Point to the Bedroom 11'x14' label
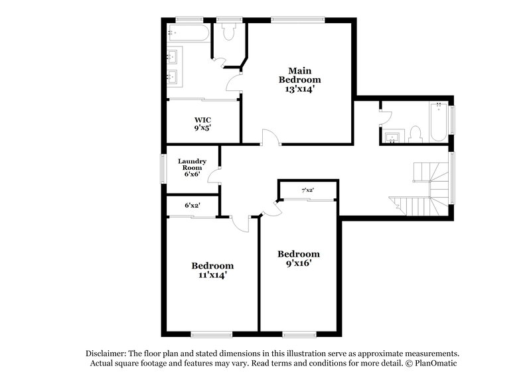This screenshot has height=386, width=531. (212, 270)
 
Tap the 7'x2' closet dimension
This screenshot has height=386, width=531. (307, 191)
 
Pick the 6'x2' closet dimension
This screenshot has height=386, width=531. (192, 206)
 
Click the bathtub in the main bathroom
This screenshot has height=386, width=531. (190, 32)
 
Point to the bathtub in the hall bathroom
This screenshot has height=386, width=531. (438, 122)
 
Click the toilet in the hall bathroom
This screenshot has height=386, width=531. (415, 135)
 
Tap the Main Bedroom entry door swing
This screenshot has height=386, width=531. (271, 137)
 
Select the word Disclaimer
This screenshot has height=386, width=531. (106, 354)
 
